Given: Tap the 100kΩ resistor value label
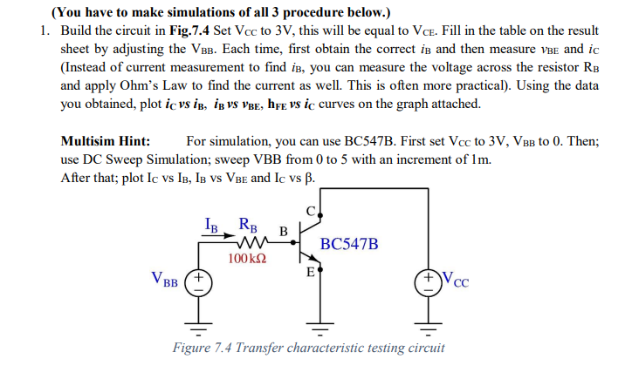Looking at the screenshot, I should [x=247, y=259].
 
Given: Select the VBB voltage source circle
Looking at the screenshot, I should [x=197, y=286].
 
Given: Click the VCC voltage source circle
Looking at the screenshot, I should [x=429, y=286].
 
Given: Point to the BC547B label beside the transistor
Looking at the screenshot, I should [x=349, y=243].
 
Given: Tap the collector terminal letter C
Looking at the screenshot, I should [x=311, y=210].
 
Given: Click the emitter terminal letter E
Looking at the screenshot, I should [x=309, y=273].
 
